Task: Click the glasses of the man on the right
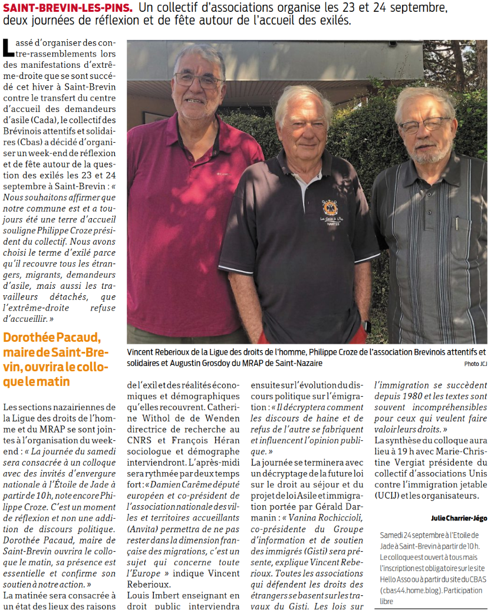(424, 126)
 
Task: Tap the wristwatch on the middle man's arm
(365, 326)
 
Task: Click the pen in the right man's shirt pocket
(457, 224)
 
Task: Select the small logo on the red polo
(223, 174)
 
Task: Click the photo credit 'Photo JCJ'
(476, 364)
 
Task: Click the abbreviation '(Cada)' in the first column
(39, 118)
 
